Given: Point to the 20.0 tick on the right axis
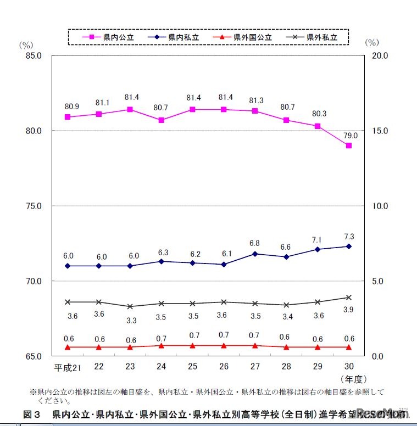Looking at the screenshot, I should pos(380,55).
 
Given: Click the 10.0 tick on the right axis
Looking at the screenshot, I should pos(380,206).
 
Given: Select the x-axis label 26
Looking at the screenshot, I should pos(224,367).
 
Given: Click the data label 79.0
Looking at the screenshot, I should pos(351,135).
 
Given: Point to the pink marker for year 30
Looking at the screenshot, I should pos(348,145).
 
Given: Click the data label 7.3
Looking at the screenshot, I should pos(349,237).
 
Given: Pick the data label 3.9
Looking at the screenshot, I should pos(349,310).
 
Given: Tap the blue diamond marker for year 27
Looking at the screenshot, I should pos(255,254).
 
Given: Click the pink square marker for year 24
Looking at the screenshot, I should pos(161,120).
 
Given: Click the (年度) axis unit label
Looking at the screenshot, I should pos(353,379).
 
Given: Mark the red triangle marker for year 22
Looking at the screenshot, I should pos(98,347).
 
